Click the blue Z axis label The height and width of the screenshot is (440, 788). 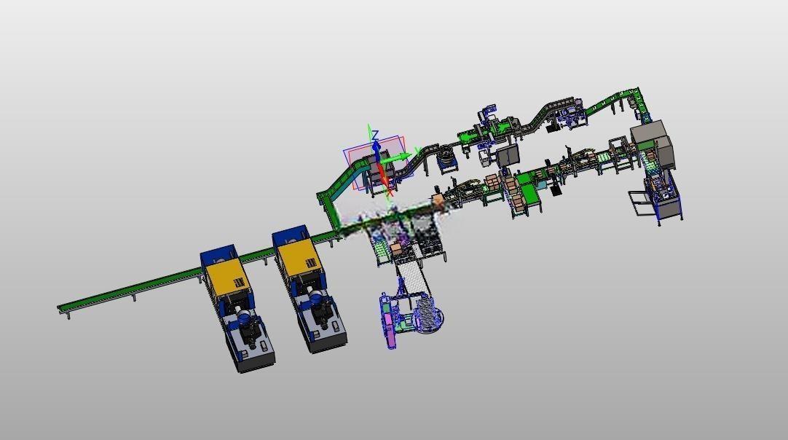coord(375,135)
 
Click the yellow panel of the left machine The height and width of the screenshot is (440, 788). coord(228,280)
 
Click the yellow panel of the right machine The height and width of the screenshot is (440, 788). coord(299,258)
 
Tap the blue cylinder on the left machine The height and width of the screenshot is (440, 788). coord(244,318)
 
